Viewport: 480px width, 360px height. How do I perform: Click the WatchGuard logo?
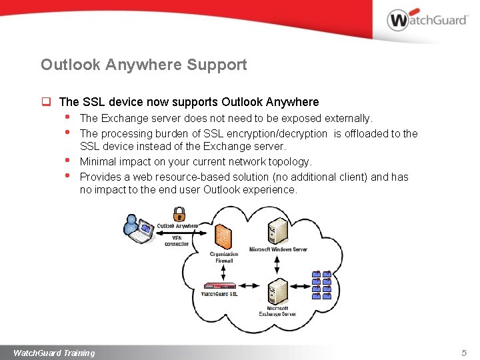(x=427, y=20)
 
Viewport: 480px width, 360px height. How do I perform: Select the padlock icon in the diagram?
(x=179, y=213)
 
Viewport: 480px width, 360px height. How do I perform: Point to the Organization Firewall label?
(x=223, y=257)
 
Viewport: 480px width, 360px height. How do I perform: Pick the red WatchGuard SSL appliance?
(x=219, y=287)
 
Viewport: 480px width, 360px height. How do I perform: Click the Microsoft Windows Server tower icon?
(x=276, y=232)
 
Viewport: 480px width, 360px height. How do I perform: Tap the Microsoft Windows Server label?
(x=278, y=249)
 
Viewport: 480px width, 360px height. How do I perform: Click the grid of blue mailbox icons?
(x=322, y=285)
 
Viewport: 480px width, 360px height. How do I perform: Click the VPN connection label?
(x=177, y=240)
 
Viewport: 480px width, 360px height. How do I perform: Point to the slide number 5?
(x=464, y=353)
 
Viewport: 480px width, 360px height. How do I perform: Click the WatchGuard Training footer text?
(x=54, y=353)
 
